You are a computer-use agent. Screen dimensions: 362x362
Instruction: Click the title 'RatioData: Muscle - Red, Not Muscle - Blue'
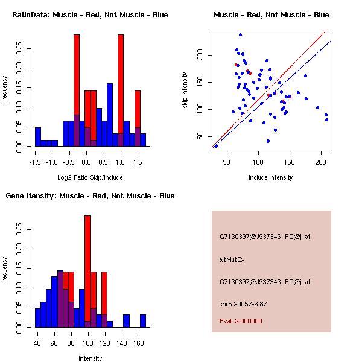click(90, 14)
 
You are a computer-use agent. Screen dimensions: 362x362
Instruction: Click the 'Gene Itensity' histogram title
click(90, 196)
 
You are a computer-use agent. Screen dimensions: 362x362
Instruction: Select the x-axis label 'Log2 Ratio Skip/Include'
click(90, 177)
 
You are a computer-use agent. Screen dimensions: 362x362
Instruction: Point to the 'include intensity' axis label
click(271, 177)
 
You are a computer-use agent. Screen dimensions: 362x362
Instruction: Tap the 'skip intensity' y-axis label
click(185, 91)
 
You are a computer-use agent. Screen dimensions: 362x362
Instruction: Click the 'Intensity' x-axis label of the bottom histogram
click(90, 358)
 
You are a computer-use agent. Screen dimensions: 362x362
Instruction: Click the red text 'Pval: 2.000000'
click(241, 321)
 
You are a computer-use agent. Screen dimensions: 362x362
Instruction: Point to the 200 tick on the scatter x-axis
click(322, 162)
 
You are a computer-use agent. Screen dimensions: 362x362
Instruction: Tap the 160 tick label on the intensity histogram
click(139, 343)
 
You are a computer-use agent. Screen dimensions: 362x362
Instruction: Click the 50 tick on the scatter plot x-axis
click(227, 162)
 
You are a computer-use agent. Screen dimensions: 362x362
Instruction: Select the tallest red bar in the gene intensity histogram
click(87, 271)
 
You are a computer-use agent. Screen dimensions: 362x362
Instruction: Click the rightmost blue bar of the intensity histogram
click(143, 321)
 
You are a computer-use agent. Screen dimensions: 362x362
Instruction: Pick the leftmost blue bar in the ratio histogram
click(38, 137)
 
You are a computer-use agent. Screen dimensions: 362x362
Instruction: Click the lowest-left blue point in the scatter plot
click(216, 146)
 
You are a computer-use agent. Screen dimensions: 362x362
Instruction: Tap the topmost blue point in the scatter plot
click(240, 35)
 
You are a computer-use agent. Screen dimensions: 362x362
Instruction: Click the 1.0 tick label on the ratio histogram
click(121, 162)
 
